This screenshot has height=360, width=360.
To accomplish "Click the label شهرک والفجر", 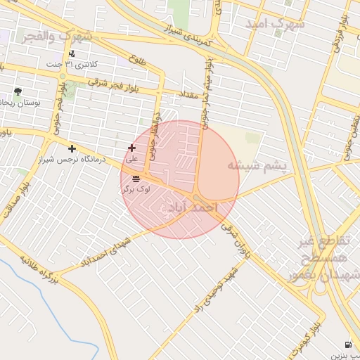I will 57,34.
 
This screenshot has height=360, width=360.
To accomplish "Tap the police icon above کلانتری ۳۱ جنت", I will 72,53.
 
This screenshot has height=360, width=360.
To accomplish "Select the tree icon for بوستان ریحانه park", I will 18,91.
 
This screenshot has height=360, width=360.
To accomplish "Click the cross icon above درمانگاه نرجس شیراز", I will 72,148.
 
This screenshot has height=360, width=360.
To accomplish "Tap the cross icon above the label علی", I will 131,148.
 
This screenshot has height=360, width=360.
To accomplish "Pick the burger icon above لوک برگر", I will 135,179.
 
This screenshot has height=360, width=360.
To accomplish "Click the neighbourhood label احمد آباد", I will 191,207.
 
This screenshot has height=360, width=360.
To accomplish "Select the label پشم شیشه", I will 257,166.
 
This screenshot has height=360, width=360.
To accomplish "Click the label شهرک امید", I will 275,24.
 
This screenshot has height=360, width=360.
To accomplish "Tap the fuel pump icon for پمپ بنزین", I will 349,345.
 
